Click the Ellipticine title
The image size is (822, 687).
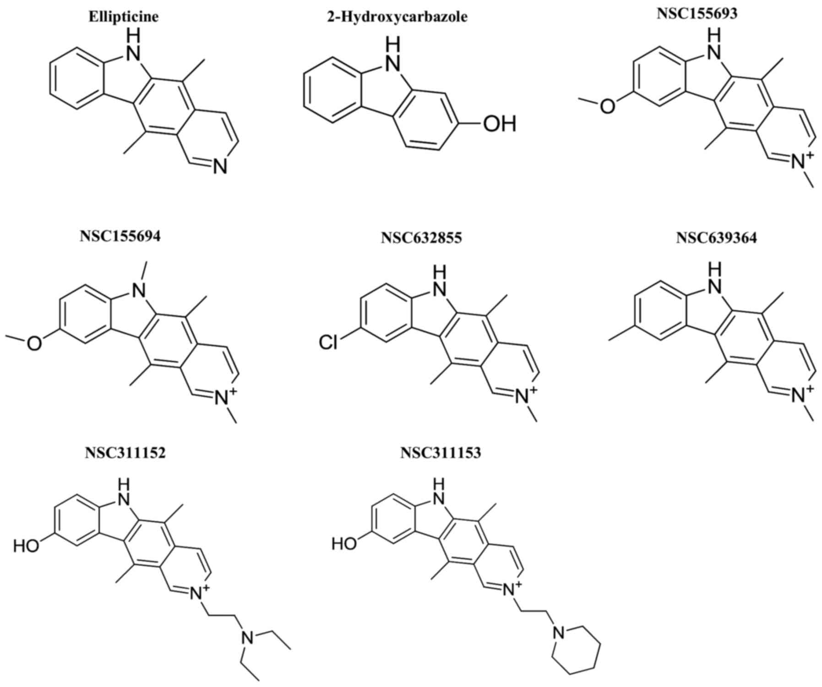123,17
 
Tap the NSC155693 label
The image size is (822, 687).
697,13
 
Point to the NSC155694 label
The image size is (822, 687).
120,237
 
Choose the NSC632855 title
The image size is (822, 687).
421,238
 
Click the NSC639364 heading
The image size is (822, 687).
716,238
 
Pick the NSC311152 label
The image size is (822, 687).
125,453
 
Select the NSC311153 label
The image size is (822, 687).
441,453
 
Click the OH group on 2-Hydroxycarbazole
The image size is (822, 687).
499,124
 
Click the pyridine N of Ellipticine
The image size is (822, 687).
220,168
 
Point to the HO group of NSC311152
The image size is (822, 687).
27,546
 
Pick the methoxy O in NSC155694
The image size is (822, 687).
35,343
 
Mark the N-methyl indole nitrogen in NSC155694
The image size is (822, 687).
139,289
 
